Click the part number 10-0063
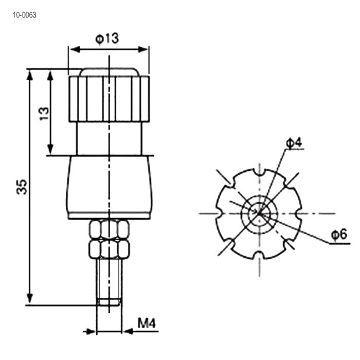tap(24, 15)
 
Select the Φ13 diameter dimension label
tap(107, 39)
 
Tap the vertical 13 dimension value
tap(44, 114)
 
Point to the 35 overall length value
tap(22, 187)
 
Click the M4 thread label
tap(147, 323)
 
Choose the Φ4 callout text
tap(294, 143)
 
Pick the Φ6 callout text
tap(339, 235)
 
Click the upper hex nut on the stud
tap(109, 229)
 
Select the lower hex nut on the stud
tap(109, 249)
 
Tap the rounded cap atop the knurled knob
tap(109, 72)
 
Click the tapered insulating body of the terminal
tap(109, 187)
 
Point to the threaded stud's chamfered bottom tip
tap(109, 302)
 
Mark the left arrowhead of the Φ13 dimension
tap(75, 49)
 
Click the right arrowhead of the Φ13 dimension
tap(142, 49)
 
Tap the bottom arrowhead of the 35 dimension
tap(30, 298)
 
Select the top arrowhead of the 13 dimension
tap(50, 76)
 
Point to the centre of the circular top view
tap(259, 213)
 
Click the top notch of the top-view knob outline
tap(259, 172)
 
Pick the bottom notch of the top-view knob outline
tap(259, 255)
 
